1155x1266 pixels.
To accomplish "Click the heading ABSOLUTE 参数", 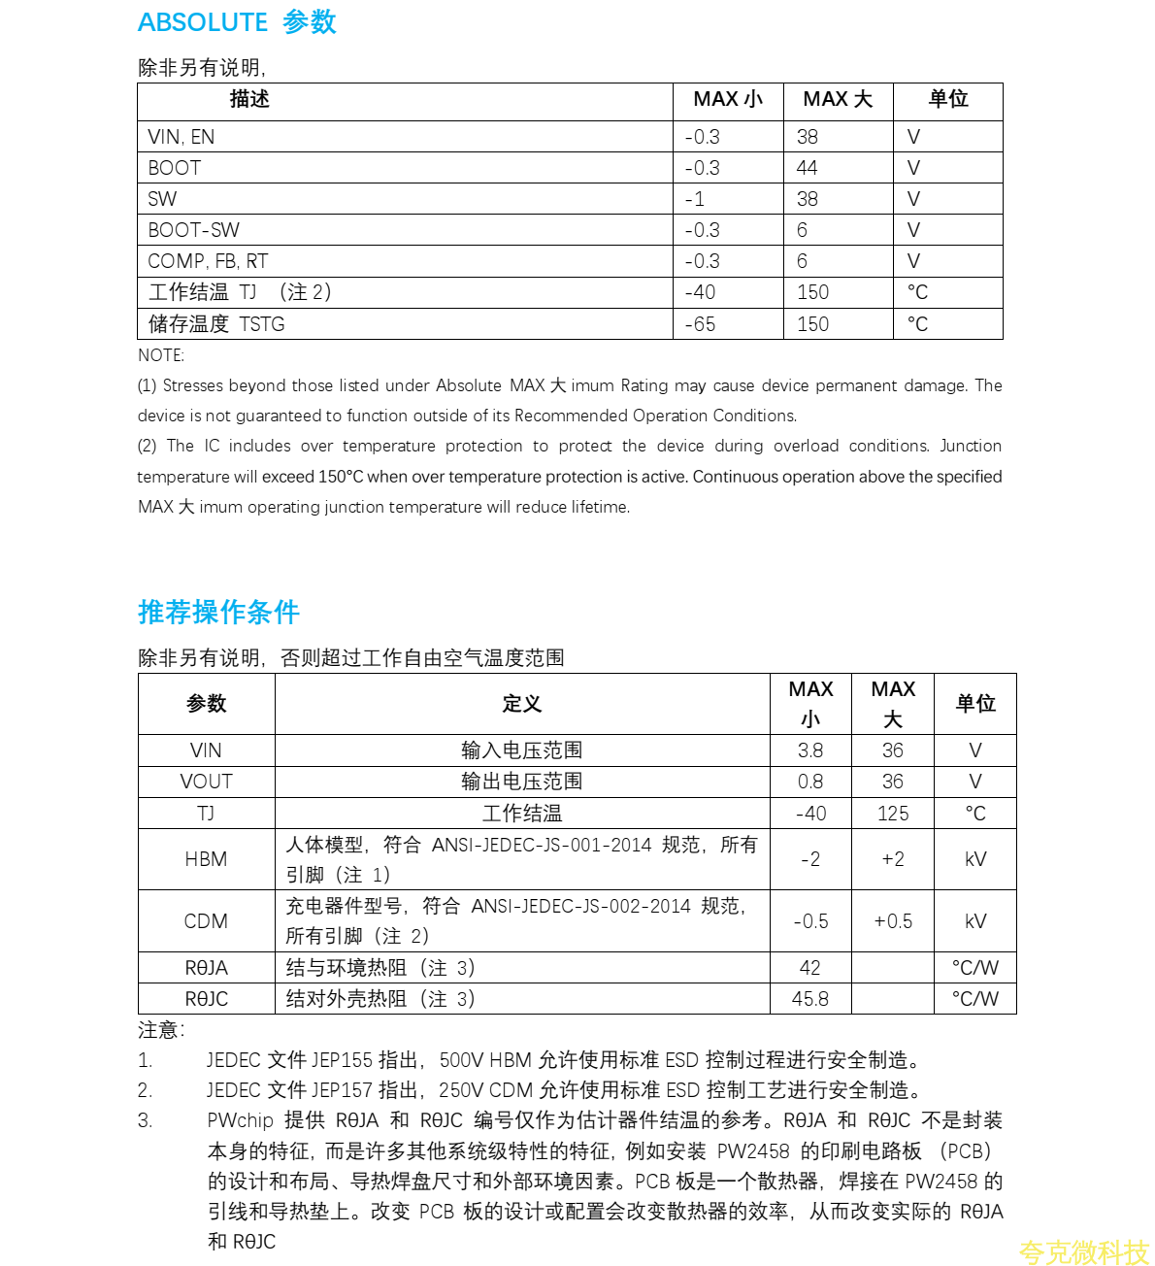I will point(237,22).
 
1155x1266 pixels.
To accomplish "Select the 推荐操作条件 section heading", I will point(218,612).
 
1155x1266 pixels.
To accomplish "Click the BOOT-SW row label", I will point(193,230).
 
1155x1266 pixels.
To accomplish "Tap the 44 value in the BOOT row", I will point(807,168).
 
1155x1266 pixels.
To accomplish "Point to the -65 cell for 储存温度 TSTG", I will point(700,324).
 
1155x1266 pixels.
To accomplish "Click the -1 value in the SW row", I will point(695,199).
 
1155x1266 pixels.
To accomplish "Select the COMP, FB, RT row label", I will point(208,261).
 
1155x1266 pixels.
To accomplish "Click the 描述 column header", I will point(249,99).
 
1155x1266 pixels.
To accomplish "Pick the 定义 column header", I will point(521,704).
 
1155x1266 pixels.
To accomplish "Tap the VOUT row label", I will point(206,782).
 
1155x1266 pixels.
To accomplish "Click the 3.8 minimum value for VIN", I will point(810,750).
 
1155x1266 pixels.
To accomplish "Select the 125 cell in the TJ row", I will point(893,814).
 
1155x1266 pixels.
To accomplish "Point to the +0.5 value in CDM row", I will point(893,921).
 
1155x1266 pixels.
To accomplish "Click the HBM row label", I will point(206,859).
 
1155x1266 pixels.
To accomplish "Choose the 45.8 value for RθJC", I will point(810,999).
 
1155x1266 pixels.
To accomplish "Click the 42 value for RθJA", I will point(810,968).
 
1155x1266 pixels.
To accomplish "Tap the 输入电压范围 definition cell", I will point(521,750).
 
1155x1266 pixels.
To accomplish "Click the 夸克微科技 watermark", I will point(1083,1252).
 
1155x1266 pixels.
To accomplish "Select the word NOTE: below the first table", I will point(161,355).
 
